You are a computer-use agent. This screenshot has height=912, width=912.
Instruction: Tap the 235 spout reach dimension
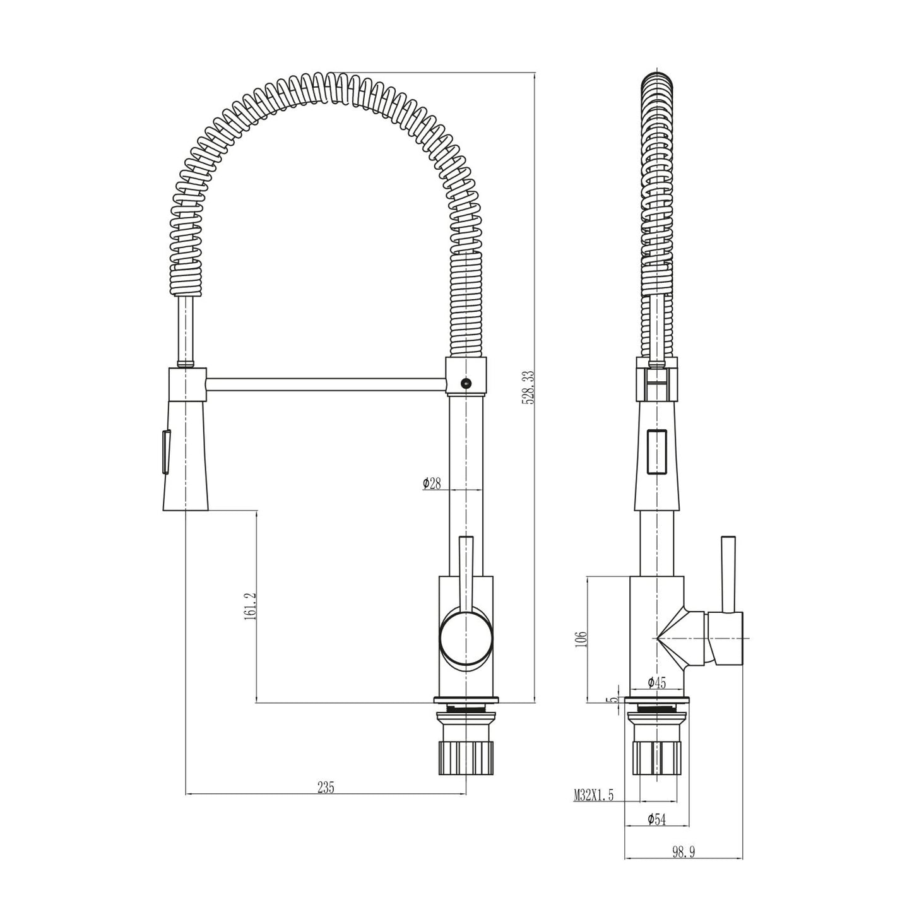326,787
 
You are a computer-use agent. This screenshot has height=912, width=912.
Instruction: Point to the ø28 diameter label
432,483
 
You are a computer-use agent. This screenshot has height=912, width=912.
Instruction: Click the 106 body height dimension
581,639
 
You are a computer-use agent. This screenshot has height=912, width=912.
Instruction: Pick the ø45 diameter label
657,682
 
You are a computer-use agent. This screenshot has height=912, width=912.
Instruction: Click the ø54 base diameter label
656,819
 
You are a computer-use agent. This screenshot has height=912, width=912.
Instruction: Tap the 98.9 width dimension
683,852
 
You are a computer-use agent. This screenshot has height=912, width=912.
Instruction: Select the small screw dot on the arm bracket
466,382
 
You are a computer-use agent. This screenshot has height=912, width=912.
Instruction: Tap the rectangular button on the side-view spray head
657,451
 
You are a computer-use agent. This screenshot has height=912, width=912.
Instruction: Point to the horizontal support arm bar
325,384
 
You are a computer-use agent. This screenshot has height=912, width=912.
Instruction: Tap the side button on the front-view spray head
165,451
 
